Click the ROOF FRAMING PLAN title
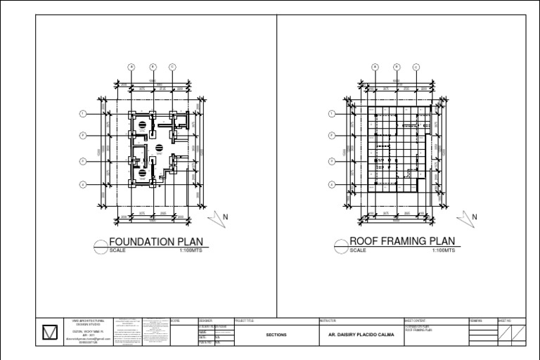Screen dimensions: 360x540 coord(399,241)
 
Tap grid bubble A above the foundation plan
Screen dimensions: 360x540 coord(131,67)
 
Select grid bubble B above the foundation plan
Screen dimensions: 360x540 coord(153,67)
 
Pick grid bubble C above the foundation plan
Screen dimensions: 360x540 coord(172,67)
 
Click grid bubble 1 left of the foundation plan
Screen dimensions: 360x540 coord(83,114)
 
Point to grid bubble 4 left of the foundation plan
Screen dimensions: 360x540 coord(83,184)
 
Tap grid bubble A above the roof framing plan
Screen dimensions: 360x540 coord(375,67)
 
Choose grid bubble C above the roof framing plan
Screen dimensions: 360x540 coord(416,67)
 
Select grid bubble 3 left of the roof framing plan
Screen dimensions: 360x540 coord(332,161)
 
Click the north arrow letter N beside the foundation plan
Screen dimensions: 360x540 coord(226,218)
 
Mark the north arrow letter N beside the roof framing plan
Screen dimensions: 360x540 coord(475,218)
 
